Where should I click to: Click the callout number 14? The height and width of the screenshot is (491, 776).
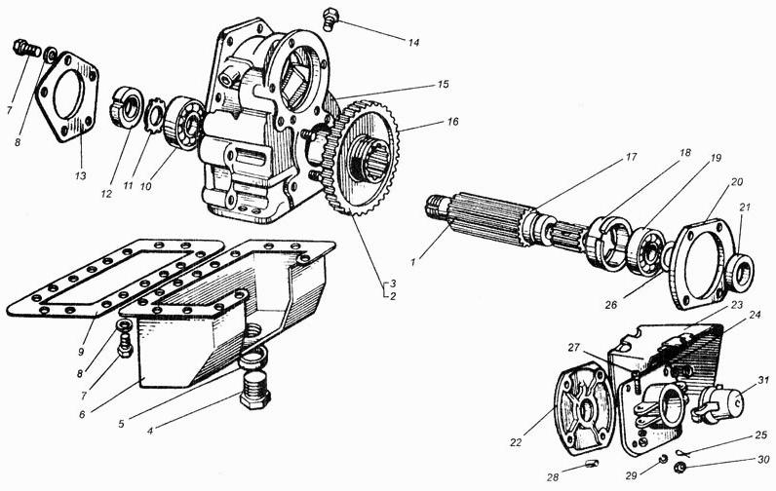413,43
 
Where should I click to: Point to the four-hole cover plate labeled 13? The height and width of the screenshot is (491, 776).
67,96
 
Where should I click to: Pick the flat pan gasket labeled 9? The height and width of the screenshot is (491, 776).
115,279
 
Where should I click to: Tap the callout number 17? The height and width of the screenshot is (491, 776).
631,158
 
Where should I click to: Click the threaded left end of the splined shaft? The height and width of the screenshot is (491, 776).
437,207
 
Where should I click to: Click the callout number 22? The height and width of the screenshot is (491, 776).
516,442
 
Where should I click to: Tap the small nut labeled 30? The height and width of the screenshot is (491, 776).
680,467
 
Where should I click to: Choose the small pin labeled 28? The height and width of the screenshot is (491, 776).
591,464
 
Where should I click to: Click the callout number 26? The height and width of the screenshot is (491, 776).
611,305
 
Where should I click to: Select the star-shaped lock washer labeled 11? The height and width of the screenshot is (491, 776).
155,116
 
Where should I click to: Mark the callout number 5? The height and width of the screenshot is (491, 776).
121,424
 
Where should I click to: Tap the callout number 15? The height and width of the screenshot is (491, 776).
443,85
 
